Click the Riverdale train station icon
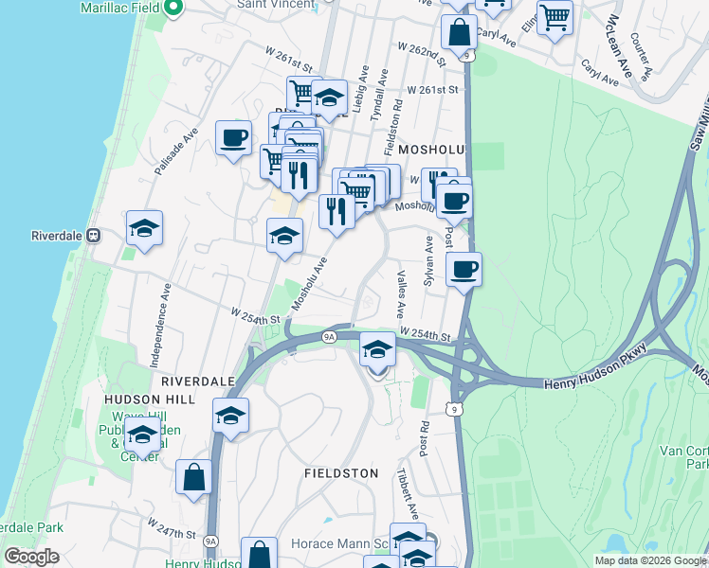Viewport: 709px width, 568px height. [x=94, y=235]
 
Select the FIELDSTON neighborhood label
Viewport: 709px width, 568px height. [x=341, y=472]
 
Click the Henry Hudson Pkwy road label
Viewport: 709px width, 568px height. [x=594, y=382]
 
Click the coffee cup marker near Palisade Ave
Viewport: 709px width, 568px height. [x=233, y=139]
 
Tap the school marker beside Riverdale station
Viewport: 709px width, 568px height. [x=144, y=228]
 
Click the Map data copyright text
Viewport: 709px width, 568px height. [x=649, y=559]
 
